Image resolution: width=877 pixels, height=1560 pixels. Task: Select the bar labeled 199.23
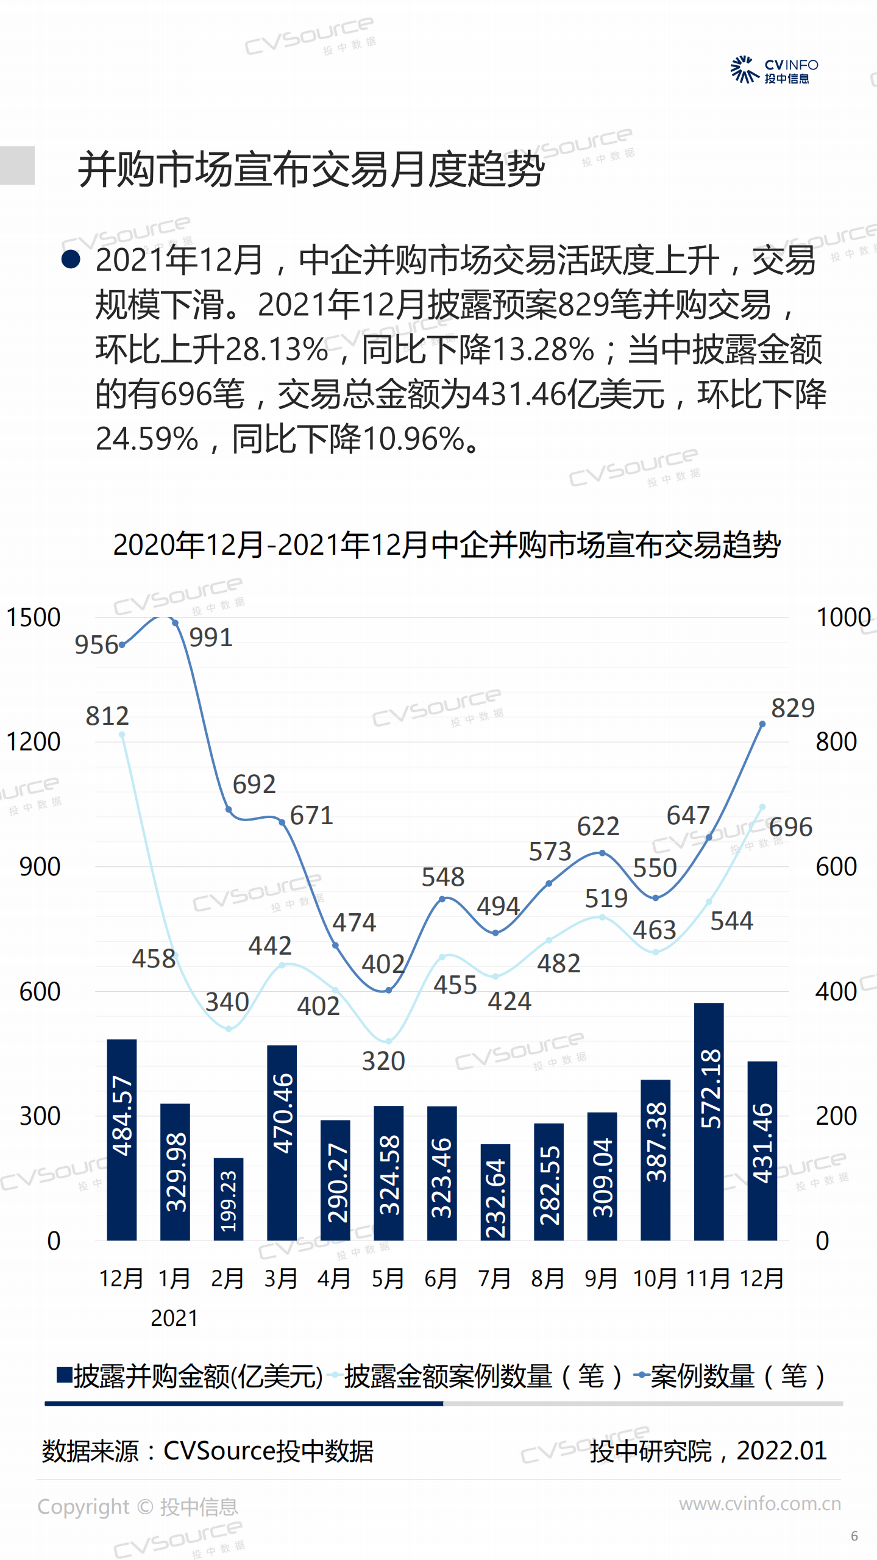coord(228,1198)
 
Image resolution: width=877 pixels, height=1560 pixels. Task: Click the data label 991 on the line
coord(211,638)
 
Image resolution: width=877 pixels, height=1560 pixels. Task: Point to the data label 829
coord(792,708)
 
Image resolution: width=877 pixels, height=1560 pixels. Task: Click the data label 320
coord(383,1061)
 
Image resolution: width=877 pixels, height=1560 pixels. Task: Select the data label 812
coord(107,716)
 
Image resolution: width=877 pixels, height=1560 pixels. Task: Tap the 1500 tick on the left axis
coord(33,617)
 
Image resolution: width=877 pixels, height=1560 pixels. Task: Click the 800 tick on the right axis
coord(836,742)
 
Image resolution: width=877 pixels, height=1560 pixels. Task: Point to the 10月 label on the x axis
coord(655,1278)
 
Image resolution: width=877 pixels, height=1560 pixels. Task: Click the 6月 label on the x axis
coord(441,1278)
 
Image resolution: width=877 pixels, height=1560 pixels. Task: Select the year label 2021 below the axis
coord(174,1318)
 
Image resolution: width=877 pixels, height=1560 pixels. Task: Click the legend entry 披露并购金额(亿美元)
coord(189,1377)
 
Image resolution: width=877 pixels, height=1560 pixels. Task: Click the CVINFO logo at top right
coord(774,70)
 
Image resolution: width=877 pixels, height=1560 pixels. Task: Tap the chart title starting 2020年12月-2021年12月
coord(446,544)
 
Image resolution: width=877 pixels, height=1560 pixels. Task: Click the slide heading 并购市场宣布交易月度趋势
coord(311,169)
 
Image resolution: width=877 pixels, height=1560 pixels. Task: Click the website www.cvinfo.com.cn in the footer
coord(759,1504)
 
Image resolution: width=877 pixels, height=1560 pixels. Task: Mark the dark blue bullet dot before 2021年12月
coord(71,260)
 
